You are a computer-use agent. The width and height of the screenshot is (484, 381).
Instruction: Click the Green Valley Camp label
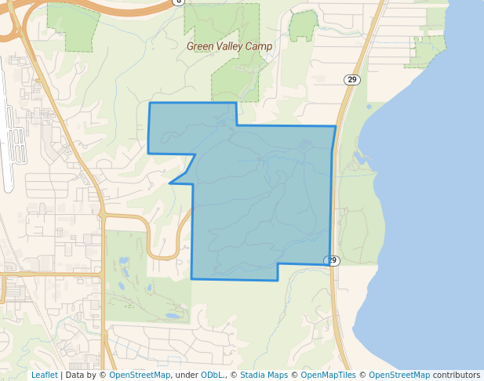pos(229,46)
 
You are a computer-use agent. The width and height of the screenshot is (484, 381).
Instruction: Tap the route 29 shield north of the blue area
pos(352,79)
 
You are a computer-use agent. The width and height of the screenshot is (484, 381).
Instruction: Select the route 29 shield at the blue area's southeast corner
pos(333,260)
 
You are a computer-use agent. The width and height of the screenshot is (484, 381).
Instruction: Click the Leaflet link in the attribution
pos(44,376)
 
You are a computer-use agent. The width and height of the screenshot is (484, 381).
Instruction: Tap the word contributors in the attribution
pos(456,376)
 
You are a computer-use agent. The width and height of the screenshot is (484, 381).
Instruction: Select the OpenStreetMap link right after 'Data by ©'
pos(140,376)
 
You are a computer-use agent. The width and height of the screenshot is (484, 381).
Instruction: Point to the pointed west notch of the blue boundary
pos(170,183)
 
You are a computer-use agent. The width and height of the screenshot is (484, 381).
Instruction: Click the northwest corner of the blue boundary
pos(150,103)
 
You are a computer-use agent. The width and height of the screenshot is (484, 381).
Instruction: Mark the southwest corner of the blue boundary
pos(192,278)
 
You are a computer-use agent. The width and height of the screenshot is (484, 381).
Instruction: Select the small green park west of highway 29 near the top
pos(303,25)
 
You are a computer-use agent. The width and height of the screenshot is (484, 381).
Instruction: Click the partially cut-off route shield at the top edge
pos(179,2)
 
